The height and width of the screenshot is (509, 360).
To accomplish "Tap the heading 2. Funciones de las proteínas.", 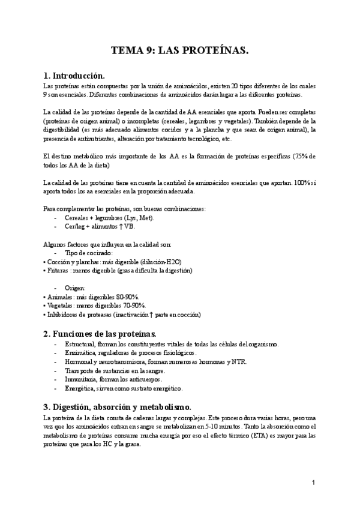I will click(100, 333).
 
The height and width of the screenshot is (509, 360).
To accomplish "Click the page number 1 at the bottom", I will click(313, 482).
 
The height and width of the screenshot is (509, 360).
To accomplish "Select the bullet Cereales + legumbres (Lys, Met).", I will click(100, 218).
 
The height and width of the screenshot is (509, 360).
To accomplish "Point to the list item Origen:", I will click(76, 288).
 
